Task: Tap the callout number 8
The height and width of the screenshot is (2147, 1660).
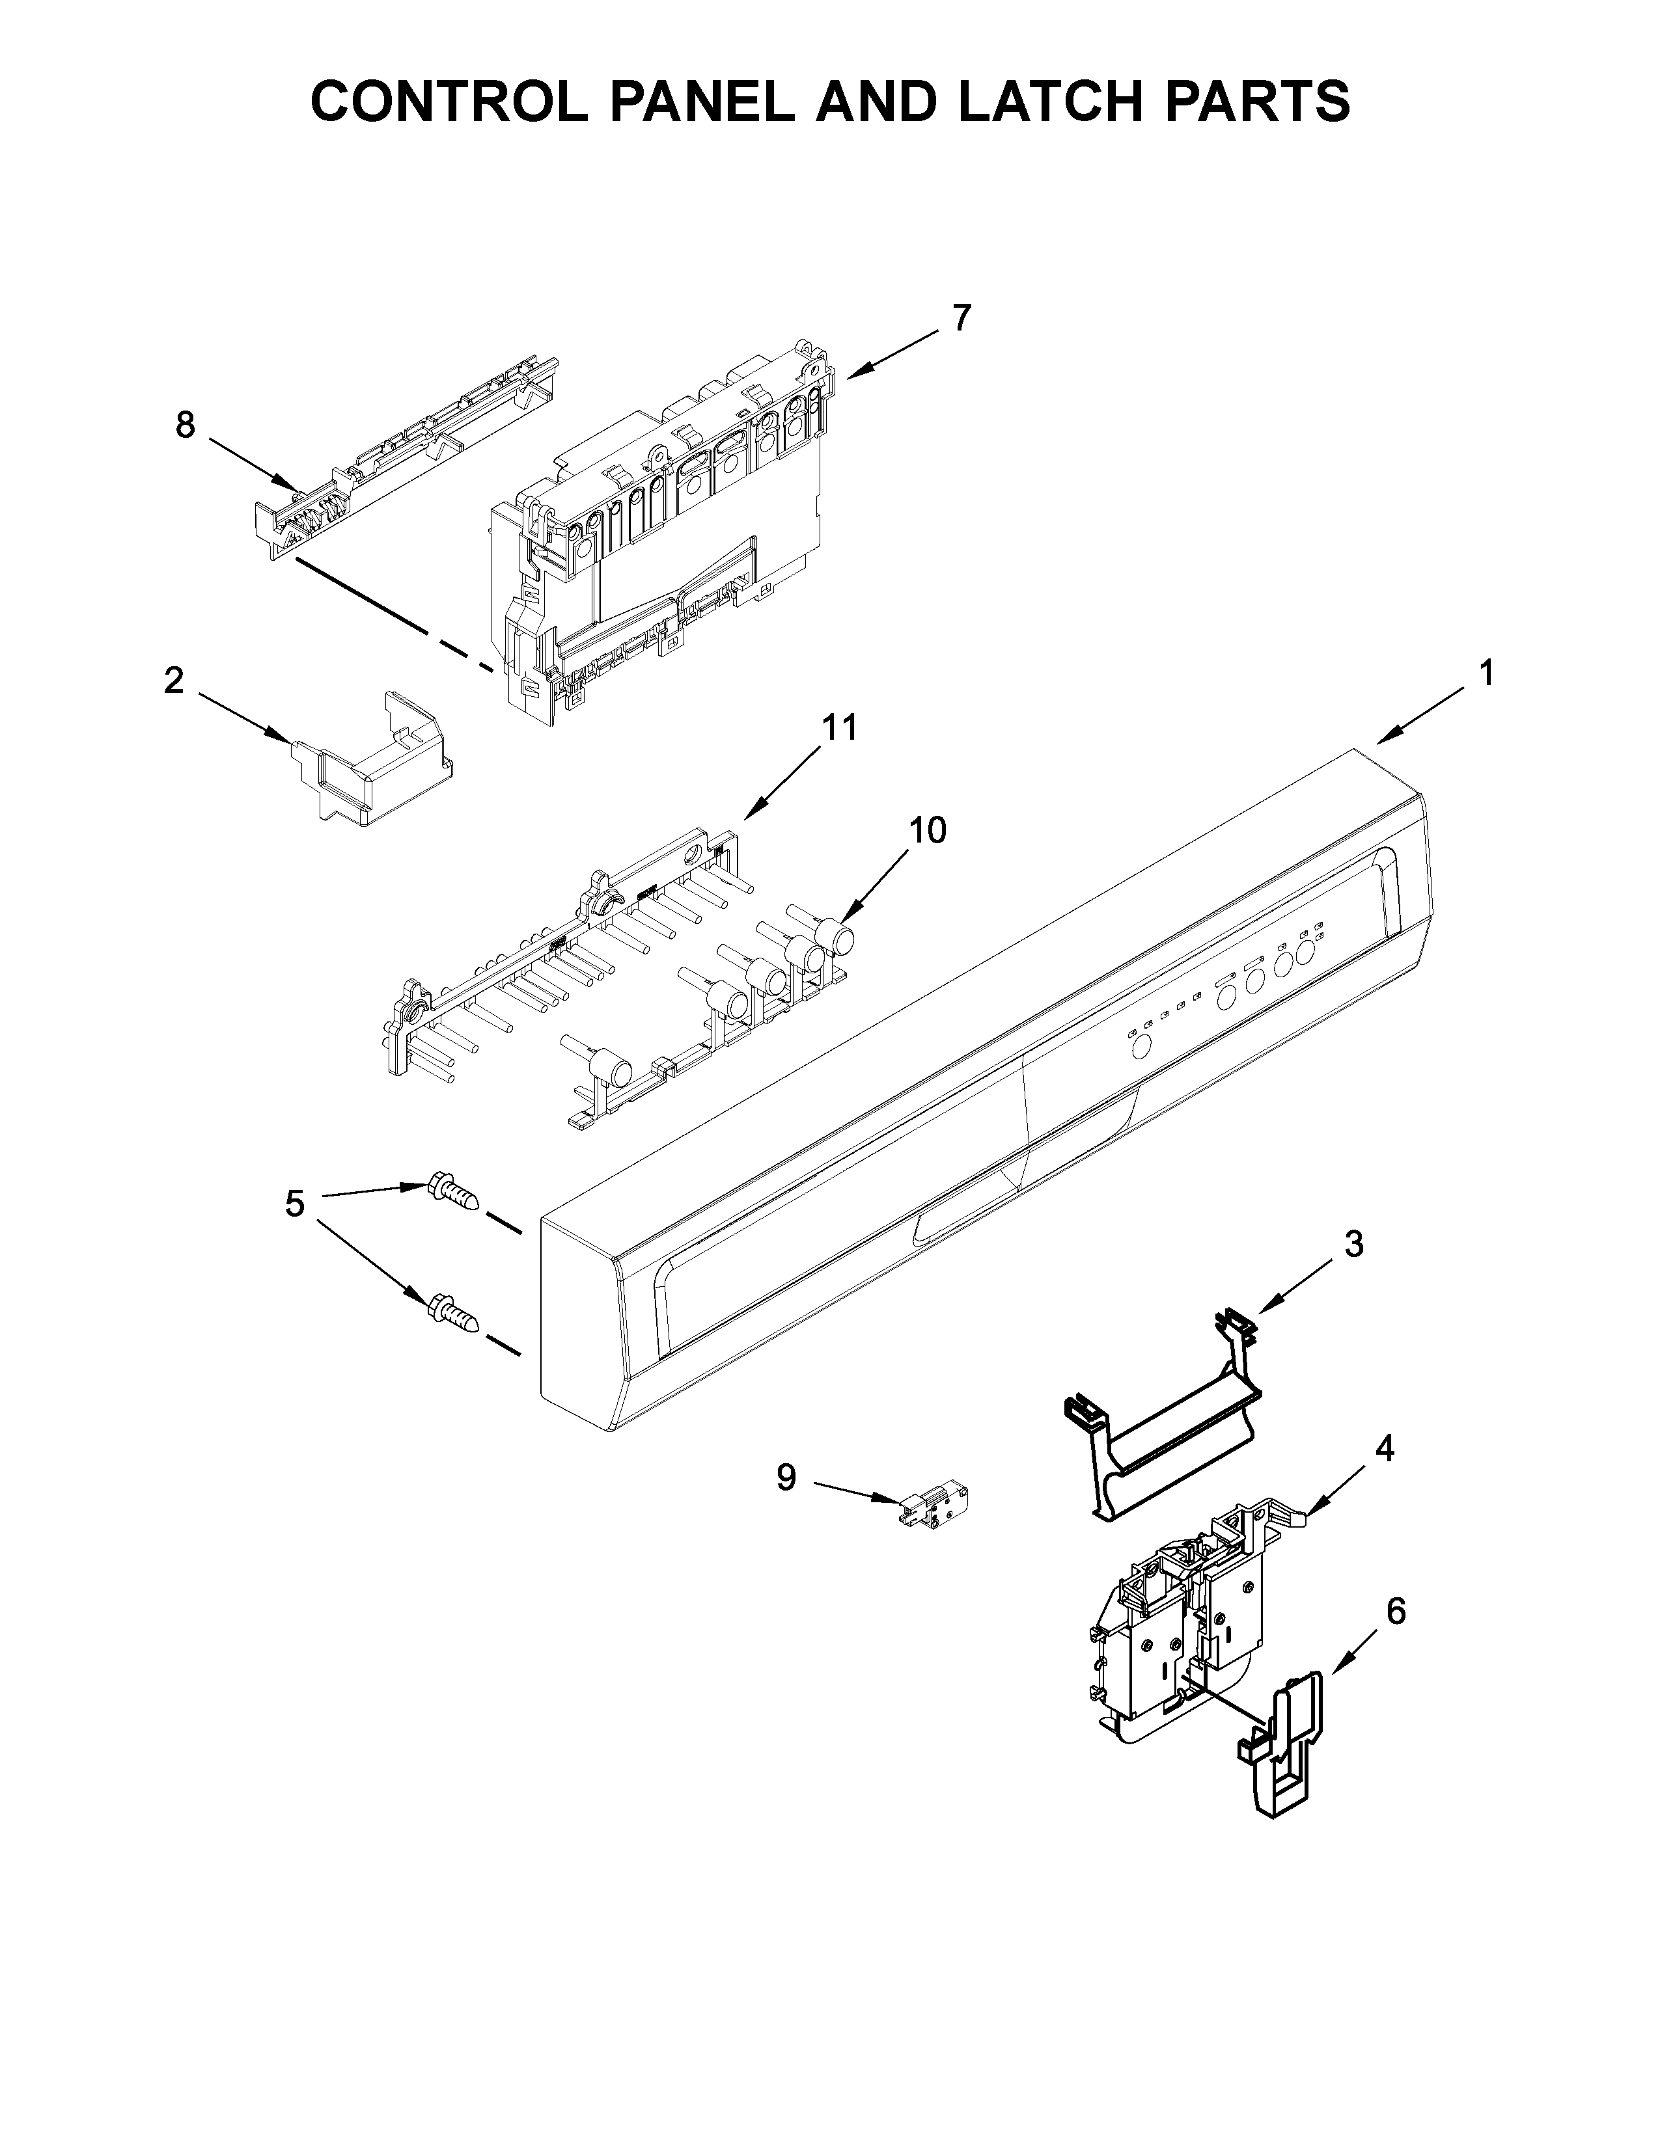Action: pyautogui.click(x=185, y=425)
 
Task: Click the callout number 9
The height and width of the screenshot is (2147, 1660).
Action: pyautogui.click(x=786, y=1504)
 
